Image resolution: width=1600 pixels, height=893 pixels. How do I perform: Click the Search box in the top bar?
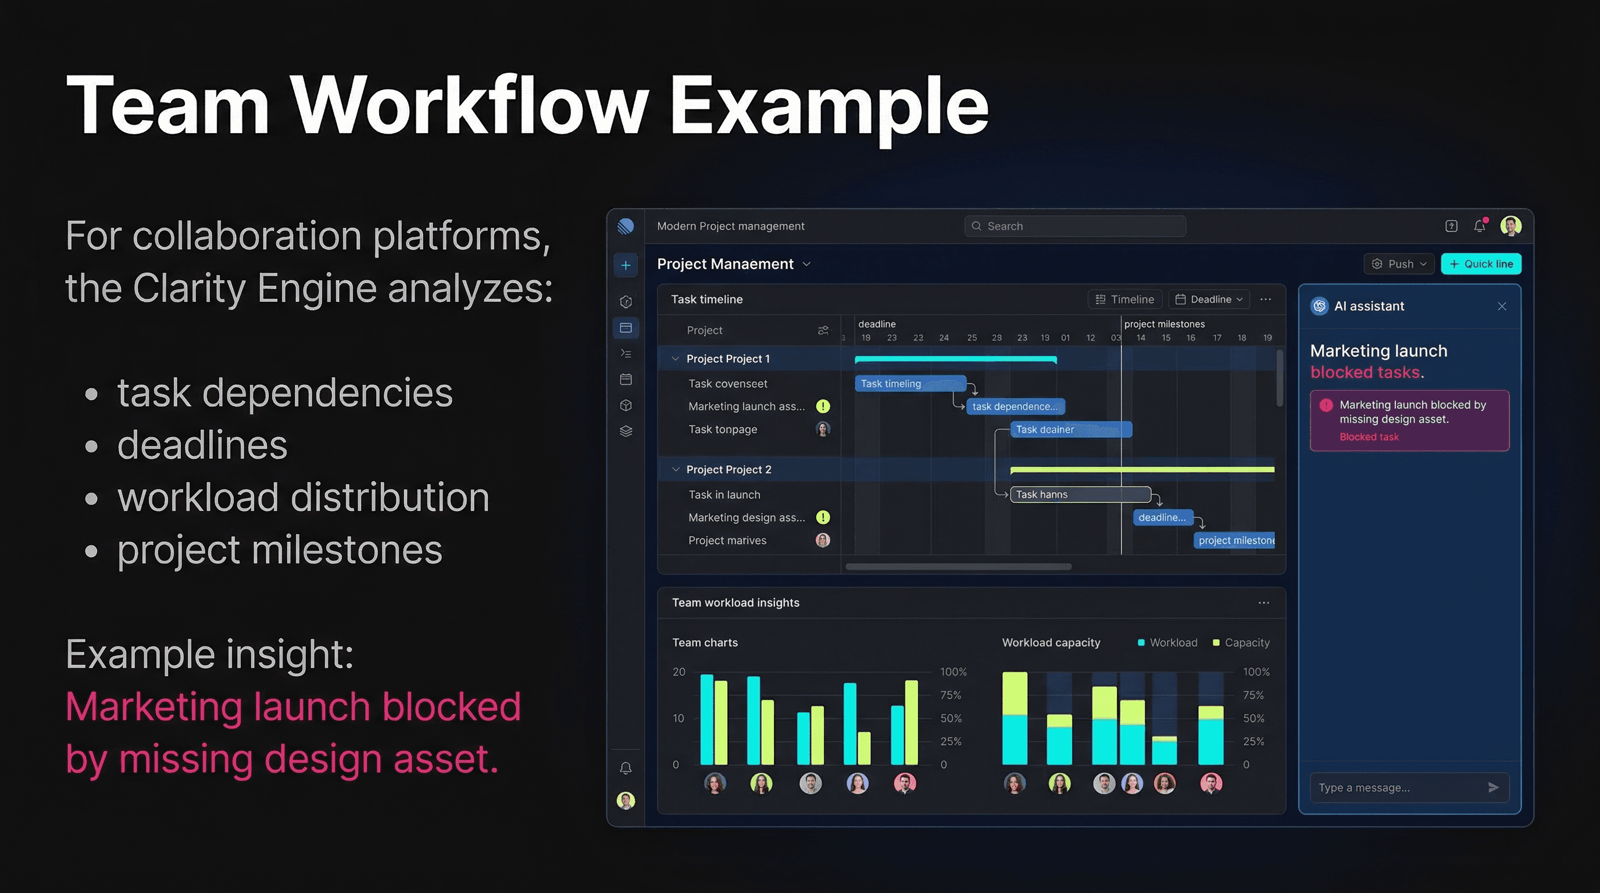1074,226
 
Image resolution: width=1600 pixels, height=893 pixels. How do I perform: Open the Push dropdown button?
1399,264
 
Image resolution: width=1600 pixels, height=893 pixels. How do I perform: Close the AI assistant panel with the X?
1501,306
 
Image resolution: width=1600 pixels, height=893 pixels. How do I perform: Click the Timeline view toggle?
1124,299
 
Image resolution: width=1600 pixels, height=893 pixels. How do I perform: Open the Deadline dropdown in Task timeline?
1209,299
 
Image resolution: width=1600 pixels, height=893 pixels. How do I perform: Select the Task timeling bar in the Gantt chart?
910,384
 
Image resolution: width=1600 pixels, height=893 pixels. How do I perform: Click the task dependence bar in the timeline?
1015,407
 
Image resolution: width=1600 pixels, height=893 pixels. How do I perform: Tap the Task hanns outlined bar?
1080,494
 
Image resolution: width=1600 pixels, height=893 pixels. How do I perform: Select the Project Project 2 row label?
728,470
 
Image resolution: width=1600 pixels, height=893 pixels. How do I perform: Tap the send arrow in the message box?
1493,787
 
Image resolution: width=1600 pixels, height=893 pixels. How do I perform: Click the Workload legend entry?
1167,643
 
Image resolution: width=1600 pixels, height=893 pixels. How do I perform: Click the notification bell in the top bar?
1480,226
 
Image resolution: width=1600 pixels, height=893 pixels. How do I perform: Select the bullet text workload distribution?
303,498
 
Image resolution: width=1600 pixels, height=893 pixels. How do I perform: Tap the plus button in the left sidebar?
626,265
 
